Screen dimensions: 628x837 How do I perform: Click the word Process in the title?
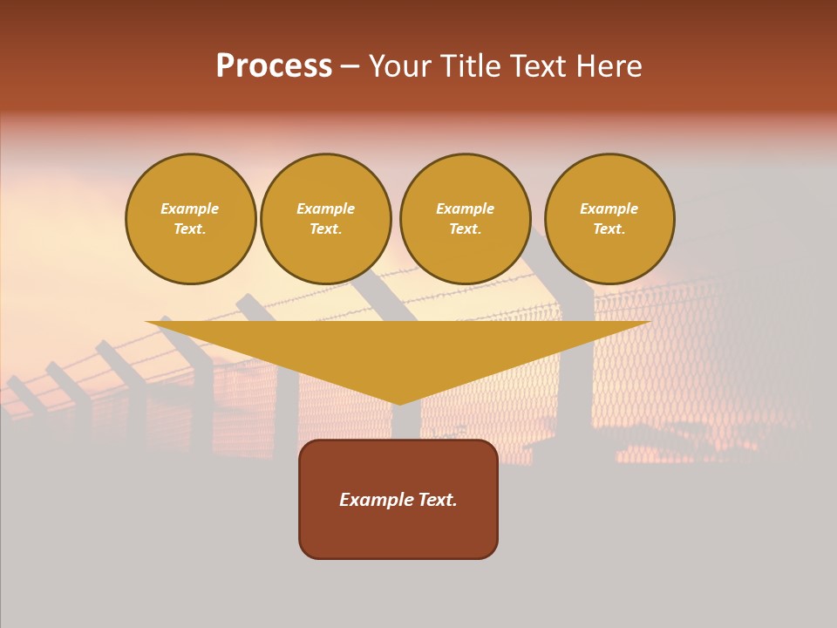(x=274, y=66)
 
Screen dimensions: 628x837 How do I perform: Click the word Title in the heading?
(x=469, y=66)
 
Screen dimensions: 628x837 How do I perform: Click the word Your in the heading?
(x=401, y=66)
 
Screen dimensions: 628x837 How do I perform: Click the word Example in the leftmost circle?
(x=190, y=208)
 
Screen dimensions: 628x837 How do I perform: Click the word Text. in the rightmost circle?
(x=609, y=229)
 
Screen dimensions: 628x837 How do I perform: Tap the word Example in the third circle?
(x=465, y=208)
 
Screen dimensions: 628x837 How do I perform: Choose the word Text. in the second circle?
(x=325, y=229)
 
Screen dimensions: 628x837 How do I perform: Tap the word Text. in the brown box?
(x=438, y=500)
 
